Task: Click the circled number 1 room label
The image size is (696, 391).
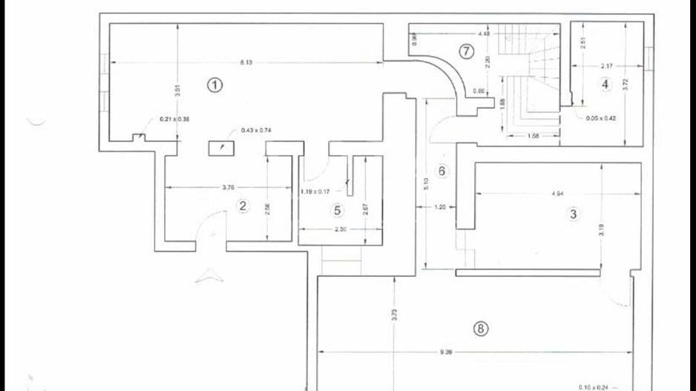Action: [214, 85]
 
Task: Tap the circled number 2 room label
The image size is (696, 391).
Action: [242, 206]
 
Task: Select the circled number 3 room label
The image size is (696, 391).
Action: [572, 214]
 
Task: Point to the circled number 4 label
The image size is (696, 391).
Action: [605, 85]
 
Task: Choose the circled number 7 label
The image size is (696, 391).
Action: [465, 51]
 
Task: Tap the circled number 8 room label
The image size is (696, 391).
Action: [481, 329]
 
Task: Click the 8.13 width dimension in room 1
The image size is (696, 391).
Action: [246, 62]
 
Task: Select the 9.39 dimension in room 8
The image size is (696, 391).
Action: [445, 352]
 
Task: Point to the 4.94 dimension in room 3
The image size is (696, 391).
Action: [558, 194]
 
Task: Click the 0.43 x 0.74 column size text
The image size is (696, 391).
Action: [256, 131]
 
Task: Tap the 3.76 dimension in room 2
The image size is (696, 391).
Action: [228, 187]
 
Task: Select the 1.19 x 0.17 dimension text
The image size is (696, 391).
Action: [315, 192]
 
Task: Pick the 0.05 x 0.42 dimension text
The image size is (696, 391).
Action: [600, 118]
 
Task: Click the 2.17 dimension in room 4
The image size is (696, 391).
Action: [605, 66]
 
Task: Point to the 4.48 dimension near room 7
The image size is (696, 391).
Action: [484, 34]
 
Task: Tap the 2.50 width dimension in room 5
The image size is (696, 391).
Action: [341, 229]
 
